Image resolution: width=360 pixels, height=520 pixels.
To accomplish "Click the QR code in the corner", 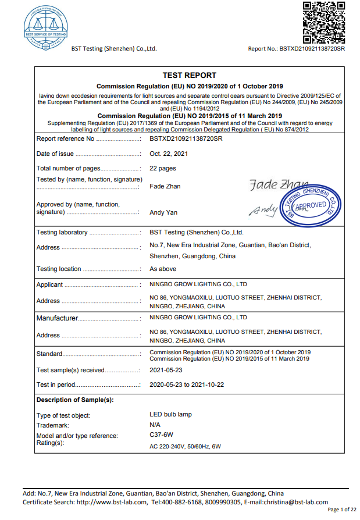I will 325,22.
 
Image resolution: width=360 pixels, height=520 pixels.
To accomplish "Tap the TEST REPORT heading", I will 189,75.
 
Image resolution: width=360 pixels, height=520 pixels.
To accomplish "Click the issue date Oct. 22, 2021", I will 169,154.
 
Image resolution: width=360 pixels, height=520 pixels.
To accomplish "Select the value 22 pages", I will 163,168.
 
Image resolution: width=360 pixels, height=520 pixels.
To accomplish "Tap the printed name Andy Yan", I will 163,213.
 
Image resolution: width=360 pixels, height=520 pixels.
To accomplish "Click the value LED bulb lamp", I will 170,415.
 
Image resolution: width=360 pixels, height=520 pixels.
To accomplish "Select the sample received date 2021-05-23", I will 166,370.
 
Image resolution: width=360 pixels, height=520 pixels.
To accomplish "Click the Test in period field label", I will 56,384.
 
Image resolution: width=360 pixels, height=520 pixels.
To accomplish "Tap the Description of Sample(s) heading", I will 75,400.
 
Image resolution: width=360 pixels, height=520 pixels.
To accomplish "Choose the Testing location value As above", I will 163,269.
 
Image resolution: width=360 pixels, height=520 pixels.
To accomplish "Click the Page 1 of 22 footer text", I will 342,510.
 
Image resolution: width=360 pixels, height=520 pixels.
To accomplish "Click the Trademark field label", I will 53,426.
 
